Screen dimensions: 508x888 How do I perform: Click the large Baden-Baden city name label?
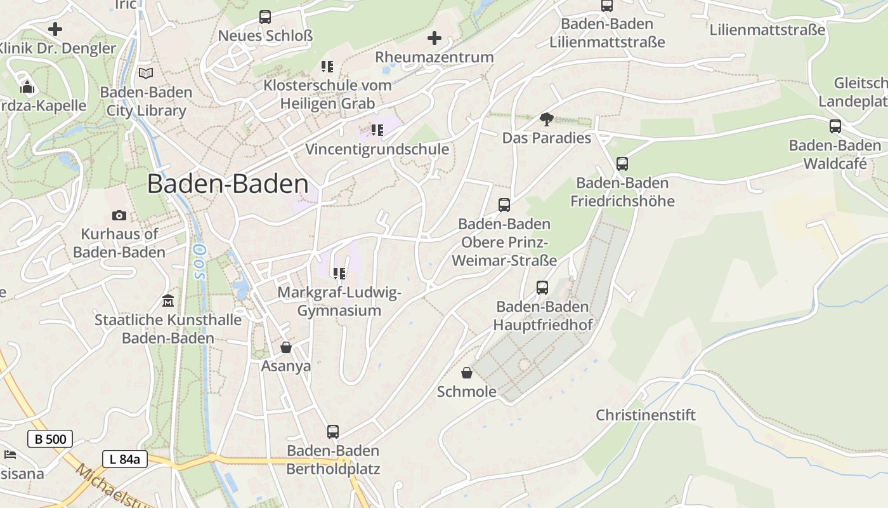[228, 184]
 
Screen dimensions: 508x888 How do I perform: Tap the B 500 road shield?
[50, 439]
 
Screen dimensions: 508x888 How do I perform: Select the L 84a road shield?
[125, 459]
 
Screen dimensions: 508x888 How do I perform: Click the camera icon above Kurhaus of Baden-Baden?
[119, 216]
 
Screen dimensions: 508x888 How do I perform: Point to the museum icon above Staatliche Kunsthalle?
[168, 300]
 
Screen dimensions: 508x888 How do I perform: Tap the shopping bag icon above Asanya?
[286, 347]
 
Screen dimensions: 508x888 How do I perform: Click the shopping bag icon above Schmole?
[467, 373]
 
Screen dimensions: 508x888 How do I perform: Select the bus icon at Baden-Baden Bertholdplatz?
[333, 432]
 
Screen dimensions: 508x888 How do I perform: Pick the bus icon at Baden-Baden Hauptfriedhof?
[542, 288]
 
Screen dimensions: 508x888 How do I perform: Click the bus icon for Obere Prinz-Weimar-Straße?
[504, 205]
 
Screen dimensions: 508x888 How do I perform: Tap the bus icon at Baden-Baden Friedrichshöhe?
[622, 164]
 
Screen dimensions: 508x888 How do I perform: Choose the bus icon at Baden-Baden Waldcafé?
[835, 126]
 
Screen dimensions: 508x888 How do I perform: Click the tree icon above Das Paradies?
[546, 119]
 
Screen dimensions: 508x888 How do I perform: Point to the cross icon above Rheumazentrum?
[434, 38]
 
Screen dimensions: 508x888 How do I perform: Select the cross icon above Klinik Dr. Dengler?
[55, 29]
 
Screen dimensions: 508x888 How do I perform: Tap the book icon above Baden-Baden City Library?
[146, 73]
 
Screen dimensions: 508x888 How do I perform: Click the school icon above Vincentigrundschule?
[377, 130]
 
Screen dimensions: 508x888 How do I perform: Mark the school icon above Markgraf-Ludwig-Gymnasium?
[339, 274]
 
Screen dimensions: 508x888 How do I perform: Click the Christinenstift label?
[646, 415]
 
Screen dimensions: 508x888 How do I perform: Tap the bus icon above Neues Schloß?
[265, 17]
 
